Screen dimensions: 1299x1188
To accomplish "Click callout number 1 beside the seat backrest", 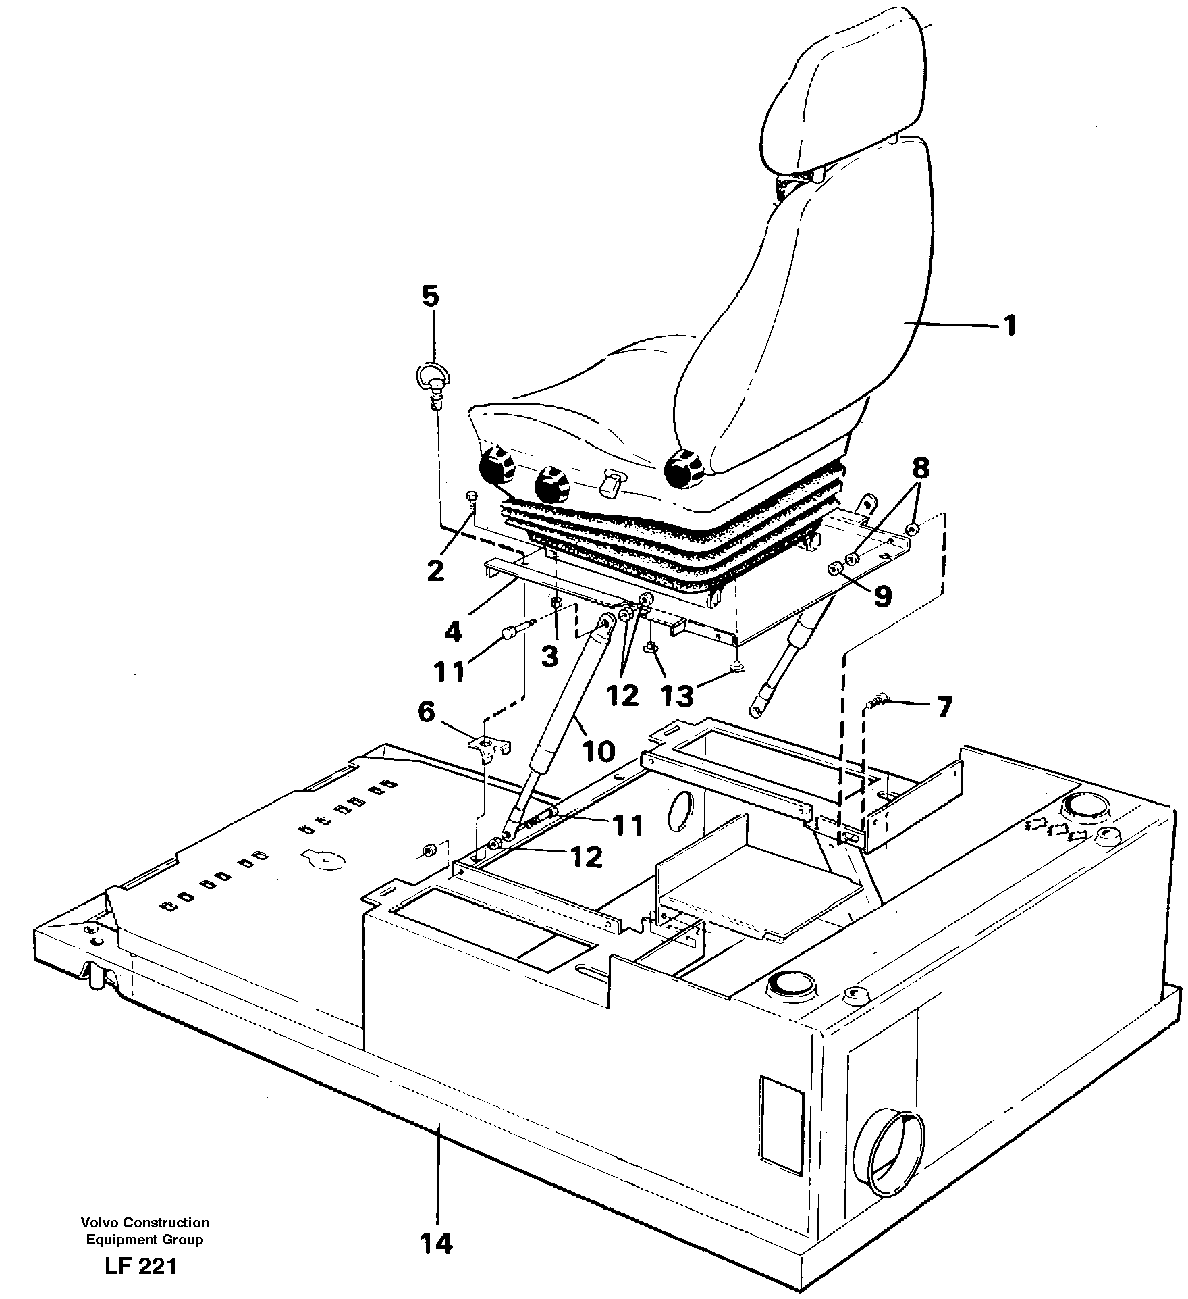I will pyautogui.click(x=1009, y=327).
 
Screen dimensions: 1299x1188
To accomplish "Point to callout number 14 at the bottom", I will pyautogui.click(x=437, y=1243).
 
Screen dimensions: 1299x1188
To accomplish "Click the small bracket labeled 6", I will pyautogui.click(x=491, y=747).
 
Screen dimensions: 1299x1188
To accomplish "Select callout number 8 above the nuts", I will pyautogui.click(x=921, y=467).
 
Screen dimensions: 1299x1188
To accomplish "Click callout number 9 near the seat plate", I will pyautogui.click(x=883, y=596).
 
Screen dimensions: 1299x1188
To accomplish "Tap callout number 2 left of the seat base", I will pyautogui.click(x=436, y=571).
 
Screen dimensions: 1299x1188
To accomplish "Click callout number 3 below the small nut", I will pyautogui.click(x=550, y=655).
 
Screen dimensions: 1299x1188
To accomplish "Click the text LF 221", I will pyautogui.click(x=140, y=1266).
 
